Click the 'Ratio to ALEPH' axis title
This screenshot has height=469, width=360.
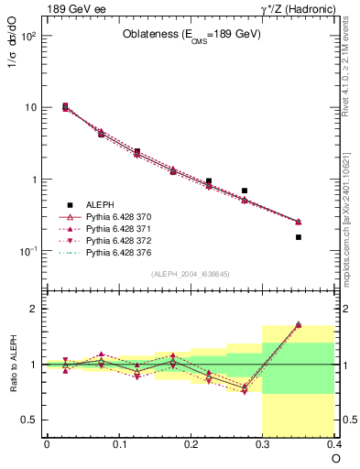click(x=13, y=365)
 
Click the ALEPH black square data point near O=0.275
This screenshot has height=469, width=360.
click(x=245, y=191)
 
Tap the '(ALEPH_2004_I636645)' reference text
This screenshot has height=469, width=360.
click(x=191, y=273)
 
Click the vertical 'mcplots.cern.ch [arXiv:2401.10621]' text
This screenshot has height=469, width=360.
click(x=350, y=211)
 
